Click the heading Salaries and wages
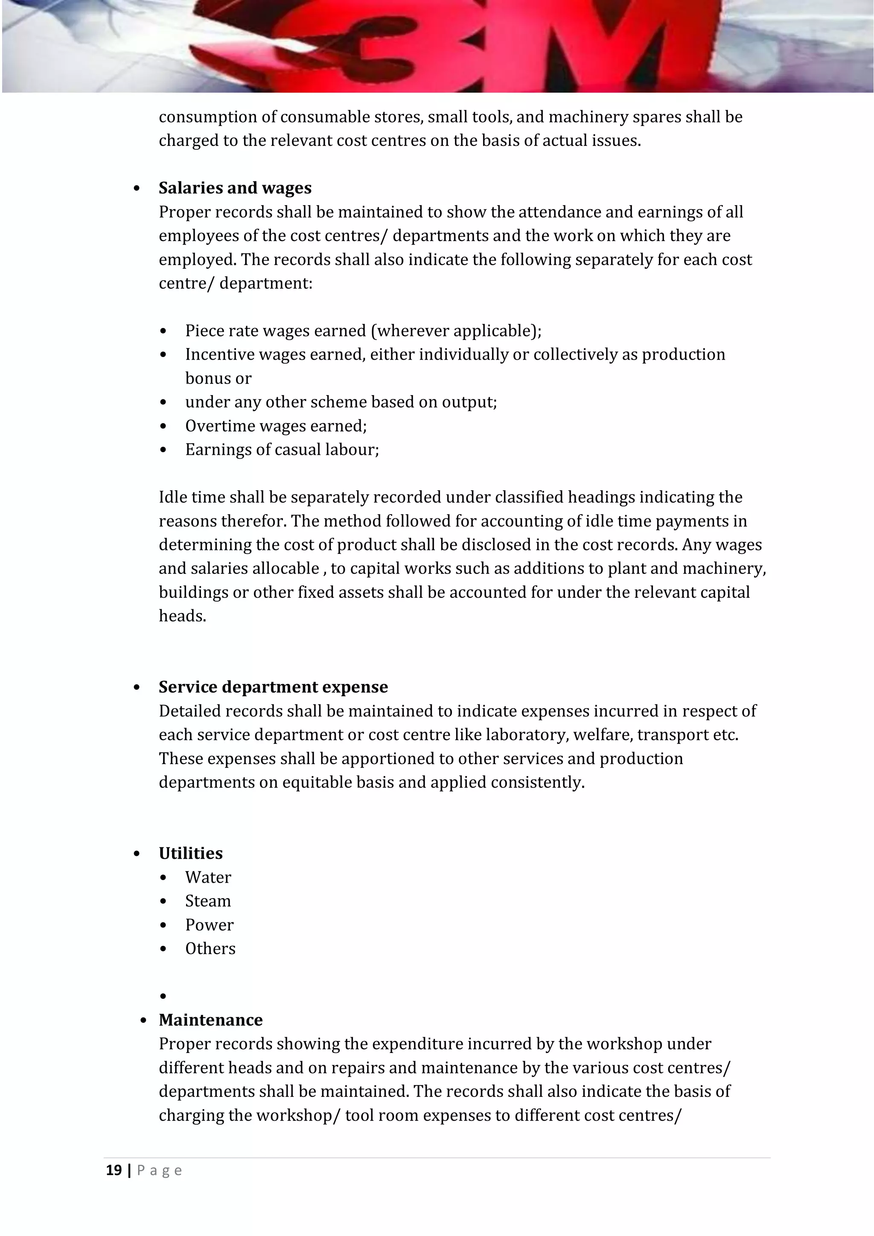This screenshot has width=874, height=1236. [x=235, y=188]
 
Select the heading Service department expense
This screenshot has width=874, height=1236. [x=273, y=687]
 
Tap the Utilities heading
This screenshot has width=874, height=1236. [x=191, y=853]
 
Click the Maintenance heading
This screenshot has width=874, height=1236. [x=210, y=1020]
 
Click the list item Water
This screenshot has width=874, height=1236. [x=208, y=878]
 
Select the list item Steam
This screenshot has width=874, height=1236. [x=208, y=901]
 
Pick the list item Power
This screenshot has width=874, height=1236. [x=209, y=925]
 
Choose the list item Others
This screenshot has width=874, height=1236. [x=210, y=948]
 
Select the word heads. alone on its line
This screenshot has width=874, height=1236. [x=182, y=616]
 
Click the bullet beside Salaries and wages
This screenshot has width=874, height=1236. [x=137, y=189]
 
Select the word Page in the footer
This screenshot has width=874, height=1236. [x=160, y=1171]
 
